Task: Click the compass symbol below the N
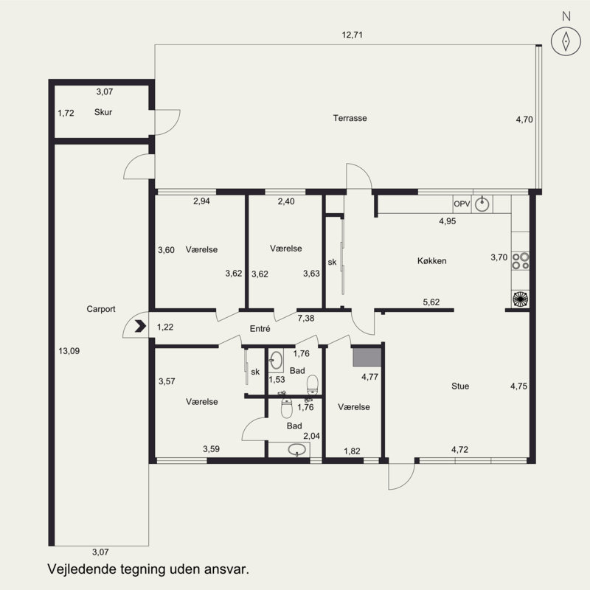pyautogui.click(x=566, y=41)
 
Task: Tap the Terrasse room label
pyautogui.click(x=350, y=118)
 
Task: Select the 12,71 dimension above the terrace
pyautogui.click(x=353, y=35)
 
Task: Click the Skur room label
pyautogui.click(x=103, y=112)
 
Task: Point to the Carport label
pyautogui.click(x=101, y=309)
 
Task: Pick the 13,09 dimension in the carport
pyautogui.click(x=69, y=351)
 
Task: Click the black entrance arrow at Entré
pyautogui.click(x=140, y=326)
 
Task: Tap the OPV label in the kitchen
pyautogui.click(x=462, y=204)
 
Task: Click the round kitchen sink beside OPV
pyautogui.click(x=482, y=204)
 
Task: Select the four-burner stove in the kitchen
pyautogui.click(x=521, y=261)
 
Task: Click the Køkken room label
pyautogui.click(x=432, y=261)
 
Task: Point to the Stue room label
pyautogui.click(x=460, y=386)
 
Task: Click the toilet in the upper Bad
pyautogui.click(x=313, y=384)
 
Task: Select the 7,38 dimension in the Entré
pyautogui.click(x=306, y=319)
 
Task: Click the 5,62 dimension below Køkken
pyautogui.click(x=431, y=302)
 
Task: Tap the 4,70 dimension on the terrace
pyautogui.click(x=524, y=119)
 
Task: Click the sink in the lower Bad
pyautogui.click(x=297, y=449)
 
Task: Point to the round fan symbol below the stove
pyautogui.click(x=521, y=299)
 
